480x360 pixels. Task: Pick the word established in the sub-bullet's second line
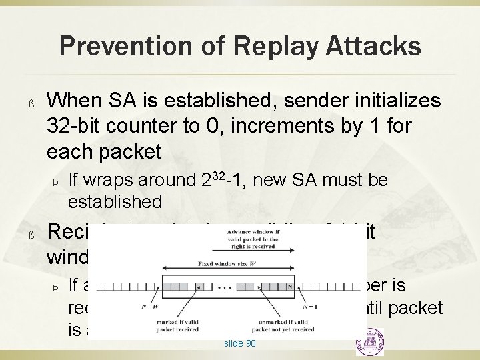115,201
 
